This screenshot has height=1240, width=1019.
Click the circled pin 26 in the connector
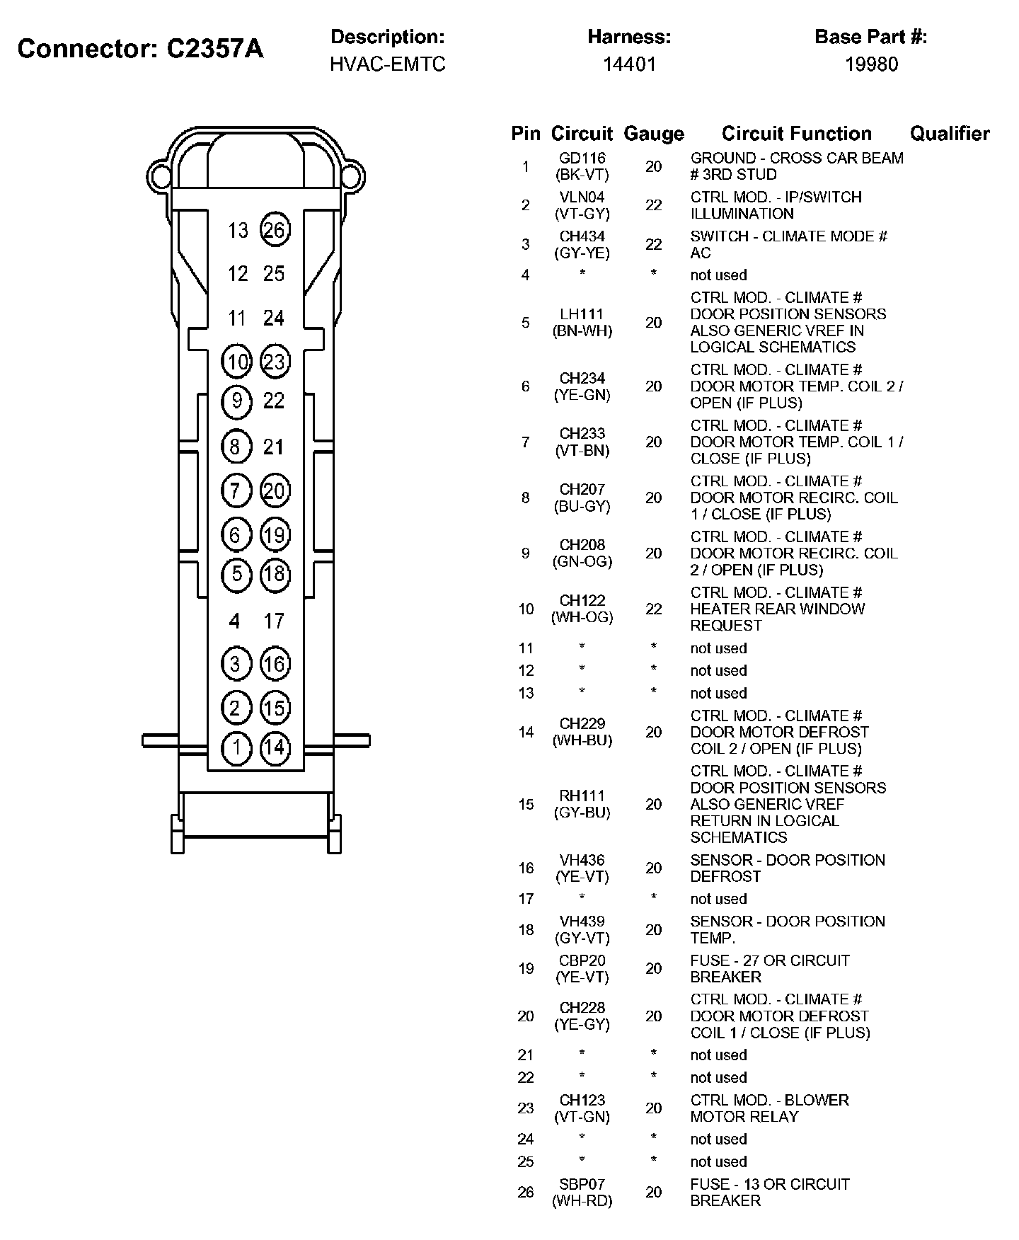[x=274, y=229]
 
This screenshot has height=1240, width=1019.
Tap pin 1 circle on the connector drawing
[x=236, y=748]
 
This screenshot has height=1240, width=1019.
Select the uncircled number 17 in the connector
[x=274, y=621]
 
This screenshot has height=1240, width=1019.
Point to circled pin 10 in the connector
[x=236, y=362]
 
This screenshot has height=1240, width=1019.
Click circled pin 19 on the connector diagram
[x=274, y=534]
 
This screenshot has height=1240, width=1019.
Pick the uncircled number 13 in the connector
[x=238, y=230]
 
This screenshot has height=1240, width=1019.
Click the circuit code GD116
[x=582, y=159]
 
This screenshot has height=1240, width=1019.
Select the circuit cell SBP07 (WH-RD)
[x=582, y=1192]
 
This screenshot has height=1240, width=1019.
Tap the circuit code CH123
[x=582, y=1100]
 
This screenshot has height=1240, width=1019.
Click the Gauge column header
[x=653, y=134]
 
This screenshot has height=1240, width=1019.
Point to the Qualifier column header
[x=949, y=133]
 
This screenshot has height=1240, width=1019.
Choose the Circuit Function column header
[x=796, y=133]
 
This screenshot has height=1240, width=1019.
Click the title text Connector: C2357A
[x=140, y=49]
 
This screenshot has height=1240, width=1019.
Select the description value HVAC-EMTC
[x=388, y=64]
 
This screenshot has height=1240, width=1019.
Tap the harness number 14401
[x=629, y=64]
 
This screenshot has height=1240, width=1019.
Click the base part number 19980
[x=871, y=64]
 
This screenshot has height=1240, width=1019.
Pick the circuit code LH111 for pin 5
[x=582, y=314]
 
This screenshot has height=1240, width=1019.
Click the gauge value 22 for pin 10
[x=653, y=609]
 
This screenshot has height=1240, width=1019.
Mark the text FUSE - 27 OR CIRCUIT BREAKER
[x=769, y=968]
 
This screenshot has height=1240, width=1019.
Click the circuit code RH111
[x=582, y=796]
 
